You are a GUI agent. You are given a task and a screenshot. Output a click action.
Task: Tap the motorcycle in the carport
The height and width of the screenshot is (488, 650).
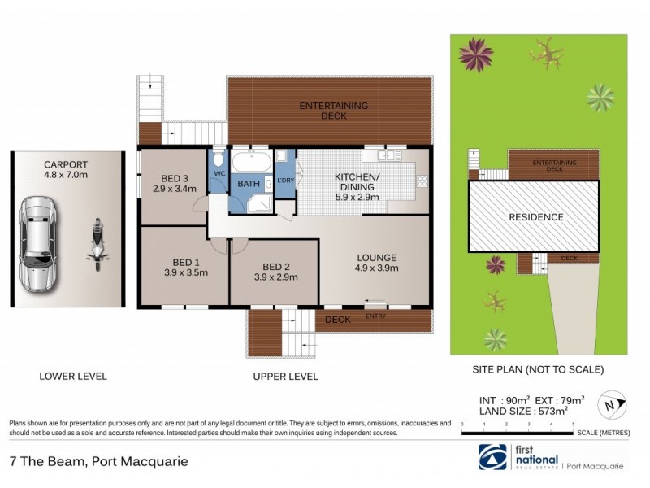coord(98,245)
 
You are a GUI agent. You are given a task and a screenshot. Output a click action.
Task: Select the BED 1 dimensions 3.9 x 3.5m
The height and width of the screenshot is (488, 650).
coord(185,272)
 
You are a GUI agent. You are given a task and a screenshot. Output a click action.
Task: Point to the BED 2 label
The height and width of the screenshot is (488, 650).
coord(276,266)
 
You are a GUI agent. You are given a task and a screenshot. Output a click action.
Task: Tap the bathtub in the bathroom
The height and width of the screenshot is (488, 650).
coord(252,160)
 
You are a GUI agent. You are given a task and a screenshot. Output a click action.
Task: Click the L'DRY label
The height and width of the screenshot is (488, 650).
coord(285,181)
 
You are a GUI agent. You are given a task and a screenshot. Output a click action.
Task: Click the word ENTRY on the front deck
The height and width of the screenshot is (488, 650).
coord(375,316)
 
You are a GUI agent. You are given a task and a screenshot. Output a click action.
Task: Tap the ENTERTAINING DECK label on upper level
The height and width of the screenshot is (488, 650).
coord(334,111)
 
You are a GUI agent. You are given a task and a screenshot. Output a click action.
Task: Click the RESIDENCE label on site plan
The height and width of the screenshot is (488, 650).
coord(535,217)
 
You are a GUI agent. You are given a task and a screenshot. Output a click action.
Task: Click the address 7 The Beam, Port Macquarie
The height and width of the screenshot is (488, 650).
coord(98,461)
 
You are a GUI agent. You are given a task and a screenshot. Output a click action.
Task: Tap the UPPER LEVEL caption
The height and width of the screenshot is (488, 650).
coord(285,377)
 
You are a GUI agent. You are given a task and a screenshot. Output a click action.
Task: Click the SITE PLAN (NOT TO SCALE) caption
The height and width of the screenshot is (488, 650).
coord(538,369)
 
